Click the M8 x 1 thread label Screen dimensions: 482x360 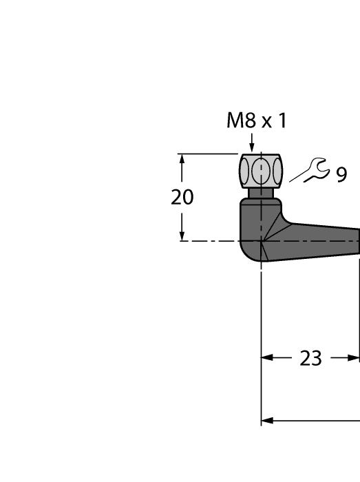click(256, 121)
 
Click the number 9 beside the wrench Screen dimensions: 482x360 click(341, 175)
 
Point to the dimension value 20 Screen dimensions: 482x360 click(182, 198)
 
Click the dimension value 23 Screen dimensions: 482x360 click(311, 359)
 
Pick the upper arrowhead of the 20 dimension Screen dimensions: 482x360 click(182, 159)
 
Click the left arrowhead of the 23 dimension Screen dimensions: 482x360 click(267, 358)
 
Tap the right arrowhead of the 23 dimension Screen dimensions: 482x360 click(354, 358)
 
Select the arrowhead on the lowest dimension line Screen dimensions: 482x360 click(267, 420)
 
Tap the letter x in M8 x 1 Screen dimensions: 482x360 click(265, 123)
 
